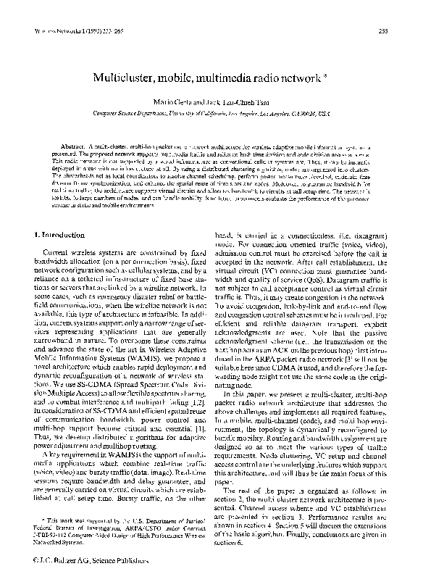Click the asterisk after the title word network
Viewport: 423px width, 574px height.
point(318,75)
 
